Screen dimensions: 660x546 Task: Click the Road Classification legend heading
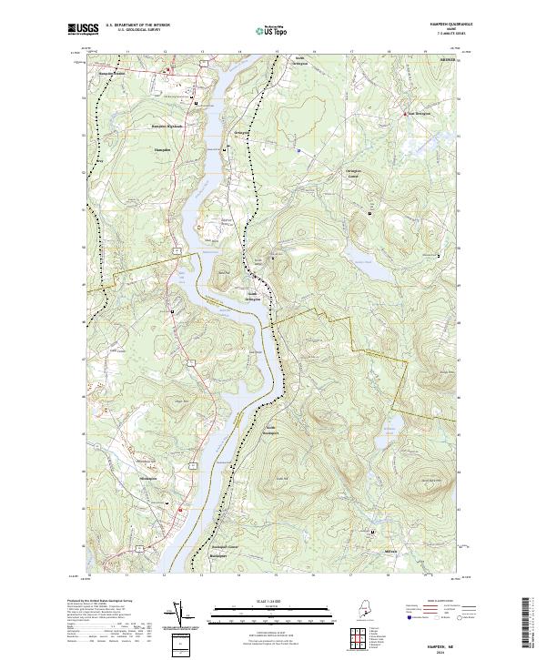436,603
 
